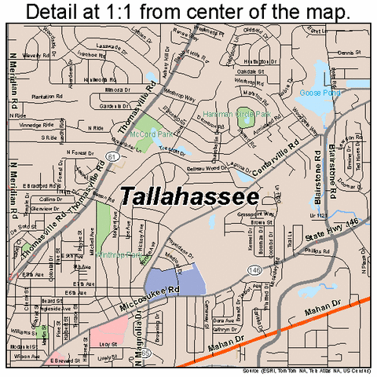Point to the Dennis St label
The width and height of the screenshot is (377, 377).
click(x=349, y=53)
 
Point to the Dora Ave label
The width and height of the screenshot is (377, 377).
click(x=222, y=320)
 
